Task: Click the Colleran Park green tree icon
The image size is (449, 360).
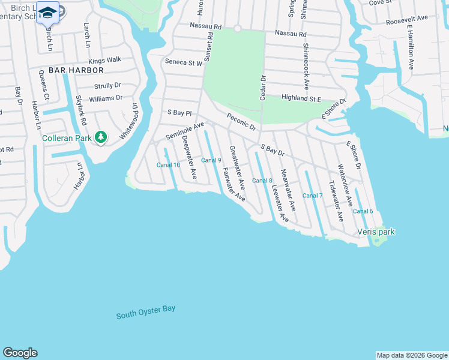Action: pos(101,137)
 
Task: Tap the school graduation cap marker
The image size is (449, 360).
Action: pos(47,11)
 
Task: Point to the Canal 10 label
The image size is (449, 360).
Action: pos(168,165)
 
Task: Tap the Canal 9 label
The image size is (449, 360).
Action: pos(211,160)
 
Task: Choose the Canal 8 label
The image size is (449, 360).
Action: pos(262,181)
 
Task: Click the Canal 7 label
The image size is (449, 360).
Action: pos(312,196)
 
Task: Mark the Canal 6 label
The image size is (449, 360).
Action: pos(363,211)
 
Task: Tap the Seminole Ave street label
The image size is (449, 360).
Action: pos(185,131)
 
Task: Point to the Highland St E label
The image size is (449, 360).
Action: pos(304,98)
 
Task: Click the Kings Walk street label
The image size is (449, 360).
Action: pos(104,60)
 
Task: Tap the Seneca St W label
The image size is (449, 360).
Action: pos(184,62)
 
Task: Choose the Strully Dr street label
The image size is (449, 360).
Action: pos(107,86)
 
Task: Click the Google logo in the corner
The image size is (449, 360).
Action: pos(20,353)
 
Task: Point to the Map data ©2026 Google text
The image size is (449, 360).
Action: pos(412,355)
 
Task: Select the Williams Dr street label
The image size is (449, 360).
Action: pos(106,98)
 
